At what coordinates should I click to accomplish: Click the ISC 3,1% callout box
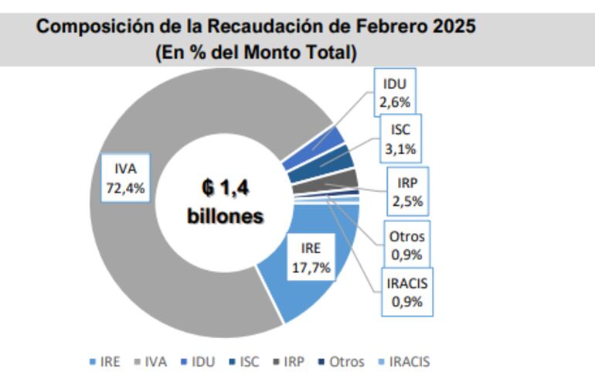pyautogui.click(x=399, y=140)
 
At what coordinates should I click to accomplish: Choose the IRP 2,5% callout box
pyautogui.click(x=408, y=193)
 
